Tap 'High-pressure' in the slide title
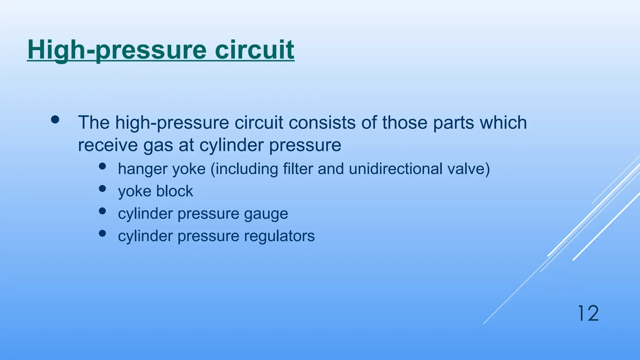(117, 50)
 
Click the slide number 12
(588, 313)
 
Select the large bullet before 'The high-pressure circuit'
(55, 120)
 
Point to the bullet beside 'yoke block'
(102, 189)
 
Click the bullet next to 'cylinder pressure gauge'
(102, 211)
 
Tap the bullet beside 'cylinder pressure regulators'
(102, 233)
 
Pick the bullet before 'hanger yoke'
(102, 166)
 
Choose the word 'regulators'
(279, 236)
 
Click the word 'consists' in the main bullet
(322, 122)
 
